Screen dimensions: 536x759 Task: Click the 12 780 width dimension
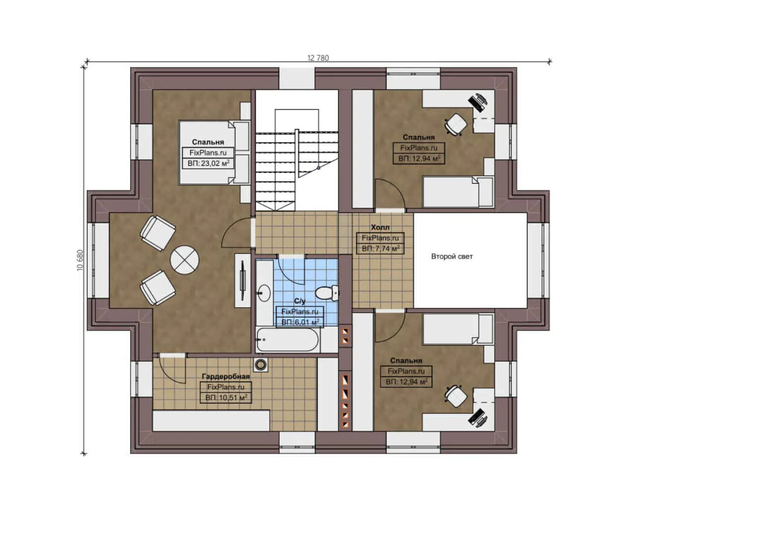point(318,58)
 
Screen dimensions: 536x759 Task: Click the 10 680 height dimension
point(80,260)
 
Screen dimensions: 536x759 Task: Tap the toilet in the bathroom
point(326,293)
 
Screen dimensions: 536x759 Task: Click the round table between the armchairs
point(184,260)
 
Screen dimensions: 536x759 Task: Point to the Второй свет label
point(452,257)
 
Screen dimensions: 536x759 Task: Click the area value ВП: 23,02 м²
point(208,163)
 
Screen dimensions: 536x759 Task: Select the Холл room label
point(380,227)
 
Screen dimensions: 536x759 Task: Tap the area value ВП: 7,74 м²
point(380,249)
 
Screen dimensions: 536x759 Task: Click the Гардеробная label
point(226,376)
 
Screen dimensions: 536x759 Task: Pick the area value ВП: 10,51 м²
point(226,398)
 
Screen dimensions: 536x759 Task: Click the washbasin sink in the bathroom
point(264,292)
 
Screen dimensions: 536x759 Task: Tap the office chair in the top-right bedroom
point(455,124)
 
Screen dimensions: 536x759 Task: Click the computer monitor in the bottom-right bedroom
point(478,417)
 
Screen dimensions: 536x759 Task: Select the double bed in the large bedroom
point(214,152)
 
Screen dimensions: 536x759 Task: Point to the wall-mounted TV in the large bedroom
point(242,280)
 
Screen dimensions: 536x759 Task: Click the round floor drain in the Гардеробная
point(261,365)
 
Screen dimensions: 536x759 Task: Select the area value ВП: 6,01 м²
point(300,322)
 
